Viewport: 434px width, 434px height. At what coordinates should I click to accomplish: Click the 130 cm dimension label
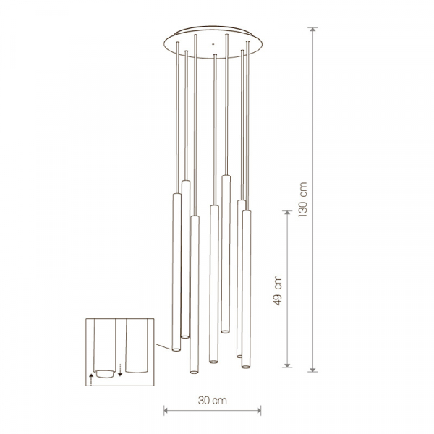[x=303, y=200]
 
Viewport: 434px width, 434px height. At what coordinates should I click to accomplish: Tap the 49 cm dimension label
[x=277, y=290]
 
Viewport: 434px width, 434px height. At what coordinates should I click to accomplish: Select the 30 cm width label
[x=212, y=400]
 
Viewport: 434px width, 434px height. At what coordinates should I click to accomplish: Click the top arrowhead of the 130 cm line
[x=312, y=30]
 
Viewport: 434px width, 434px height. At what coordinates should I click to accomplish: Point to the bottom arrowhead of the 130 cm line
[x=312, y=369]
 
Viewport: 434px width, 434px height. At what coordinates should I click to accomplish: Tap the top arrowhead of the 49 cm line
[x=287, y=213]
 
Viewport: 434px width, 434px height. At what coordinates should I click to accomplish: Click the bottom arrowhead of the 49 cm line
[x=287, y=365]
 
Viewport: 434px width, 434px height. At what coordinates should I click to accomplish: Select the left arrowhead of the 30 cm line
[x=166, y=410]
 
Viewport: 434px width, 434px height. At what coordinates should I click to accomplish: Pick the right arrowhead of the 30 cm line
[x=258, y=410]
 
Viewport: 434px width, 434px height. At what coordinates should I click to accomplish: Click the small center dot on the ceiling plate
[x=213, y=44]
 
